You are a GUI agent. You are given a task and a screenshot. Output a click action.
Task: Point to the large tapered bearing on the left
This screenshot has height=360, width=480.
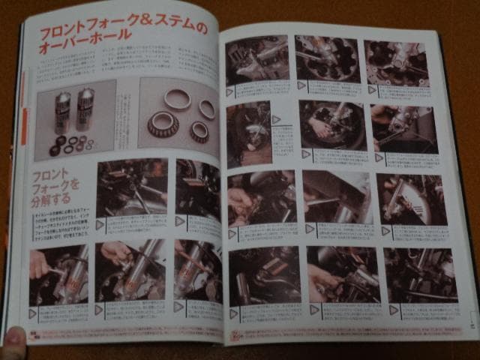(162, 123)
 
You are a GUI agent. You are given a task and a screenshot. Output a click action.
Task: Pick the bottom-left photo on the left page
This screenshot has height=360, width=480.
(58, 274)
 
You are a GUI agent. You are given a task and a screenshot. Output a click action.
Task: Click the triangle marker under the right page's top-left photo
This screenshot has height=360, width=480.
(229, 92)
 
